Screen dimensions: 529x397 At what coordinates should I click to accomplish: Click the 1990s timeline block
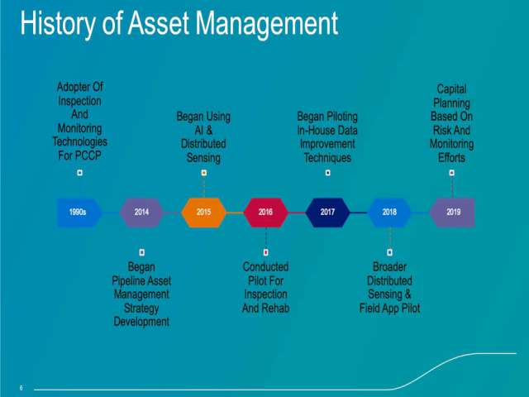(79, 213)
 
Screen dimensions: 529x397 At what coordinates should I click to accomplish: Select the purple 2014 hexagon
(141, 213)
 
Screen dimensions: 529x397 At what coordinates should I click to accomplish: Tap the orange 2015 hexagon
(204, 213)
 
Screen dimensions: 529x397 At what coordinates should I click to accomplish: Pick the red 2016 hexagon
(266, 213)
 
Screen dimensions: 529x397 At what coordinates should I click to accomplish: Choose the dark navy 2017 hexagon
(327, 213)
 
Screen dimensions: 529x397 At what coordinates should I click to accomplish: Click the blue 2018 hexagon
(389, 213)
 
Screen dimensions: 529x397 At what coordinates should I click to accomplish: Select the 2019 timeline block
(452, 213)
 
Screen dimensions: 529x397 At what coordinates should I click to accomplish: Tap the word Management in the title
(267, 24)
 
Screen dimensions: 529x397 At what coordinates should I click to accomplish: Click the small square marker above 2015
(204, 173)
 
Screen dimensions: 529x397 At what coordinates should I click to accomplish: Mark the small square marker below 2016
(266, 252)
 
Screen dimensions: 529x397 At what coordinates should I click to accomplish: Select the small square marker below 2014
(141, 252)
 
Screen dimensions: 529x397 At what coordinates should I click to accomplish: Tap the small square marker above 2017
(327, 173)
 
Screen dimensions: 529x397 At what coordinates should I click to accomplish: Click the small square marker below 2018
(389, 252)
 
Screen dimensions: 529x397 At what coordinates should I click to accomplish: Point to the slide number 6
(21, 388)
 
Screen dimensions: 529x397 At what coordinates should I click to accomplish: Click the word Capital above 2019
(452, 89)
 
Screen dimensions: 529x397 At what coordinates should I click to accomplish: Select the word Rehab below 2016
(275, 309)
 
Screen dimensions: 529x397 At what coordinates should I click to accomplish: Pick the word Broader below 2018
(389, 267)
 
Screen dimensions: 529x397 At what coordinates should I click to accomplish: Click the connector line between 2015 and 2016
(235, 213)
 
